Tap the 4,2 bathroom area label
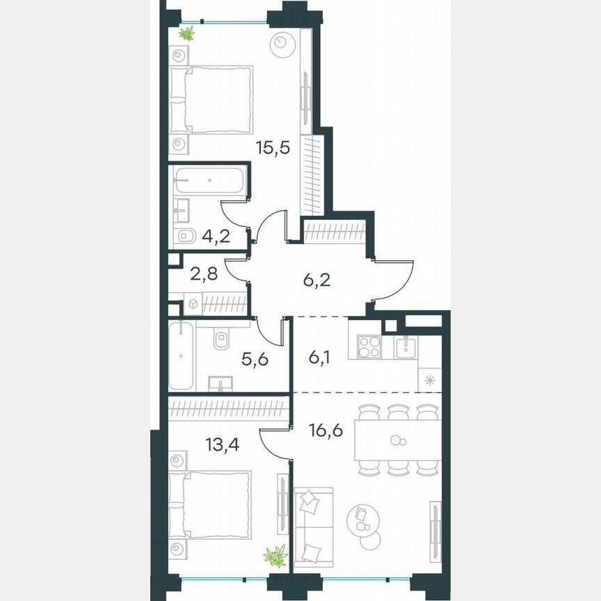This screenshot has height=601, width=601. click(216, 235)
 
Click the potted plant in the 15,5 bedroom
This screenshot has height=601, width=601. click(186, 33)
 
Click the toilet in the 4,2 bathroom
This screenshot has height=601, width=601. click(185, 236)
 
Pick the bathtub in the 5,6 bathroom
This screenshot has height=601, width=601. click(182, 355)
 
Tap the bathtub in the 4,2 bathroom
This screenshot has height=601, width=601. click(209, 180)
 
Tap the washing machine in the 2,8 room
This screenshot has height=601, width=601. click(192, 304)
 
